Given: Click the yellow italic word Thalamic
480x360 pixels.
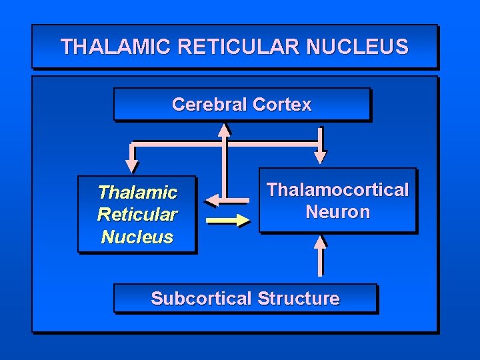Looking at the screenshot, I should [x=137, y=193].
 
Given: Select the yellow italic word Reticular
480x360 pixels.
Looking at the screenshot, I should [x=137, y=215].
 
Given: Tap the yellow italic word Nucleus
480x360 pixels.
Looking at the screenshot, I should [x=137, y=237].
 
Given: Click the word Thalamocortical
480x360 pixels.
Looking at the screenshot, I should [x=337, y=189].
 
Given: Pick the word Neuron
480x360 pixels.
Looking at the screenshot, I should [x=337, y=212].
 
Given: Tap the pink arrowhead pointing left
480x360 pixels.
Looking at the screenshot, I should [x=213, y=199].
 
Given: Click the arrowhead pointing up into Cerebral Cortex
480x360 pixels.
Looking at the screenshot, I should [x=225, y=129].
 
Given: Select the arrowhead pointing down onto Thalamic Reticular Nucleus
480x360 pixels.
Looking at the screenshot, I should [x=132, y=165].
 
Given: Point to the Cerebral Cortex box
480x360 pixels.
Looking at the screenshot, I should [x=241, y=105].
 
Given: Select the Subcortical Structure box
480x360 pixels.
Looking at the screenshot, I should [x=245, y=298].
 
